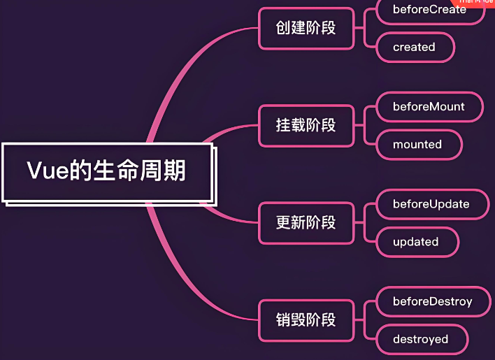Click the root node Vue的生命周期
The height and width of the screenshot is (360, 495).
(107, 171)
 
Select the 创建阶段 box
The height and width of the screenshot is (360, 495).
(306, 28)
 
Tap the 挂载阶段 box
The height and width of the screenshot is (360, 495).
(306, 125)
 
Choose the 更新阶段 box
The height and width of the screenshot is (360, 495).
(306, 222)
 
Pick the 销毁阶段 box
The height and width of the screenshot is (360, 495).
(306, 319)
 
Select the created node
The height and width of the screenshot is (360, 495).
(414, 47)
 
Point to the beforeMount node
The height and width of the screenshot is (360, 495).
(429, 107)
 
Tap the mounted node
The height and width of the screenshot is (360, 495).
(417, 144)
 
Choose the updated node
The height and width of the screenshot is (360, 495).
(416, 241)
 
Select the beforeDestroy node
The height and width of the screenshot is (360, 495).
(432, 301)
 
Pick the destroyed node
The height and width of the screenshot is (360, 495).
(420, 339)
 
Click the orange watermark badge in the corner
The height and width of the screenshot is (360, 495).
(475, 3)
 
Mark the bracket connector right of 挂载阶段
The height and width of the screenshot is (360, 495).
(364, 125)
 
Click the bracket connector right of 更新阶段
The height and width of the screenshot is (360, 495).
(364, 222)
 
